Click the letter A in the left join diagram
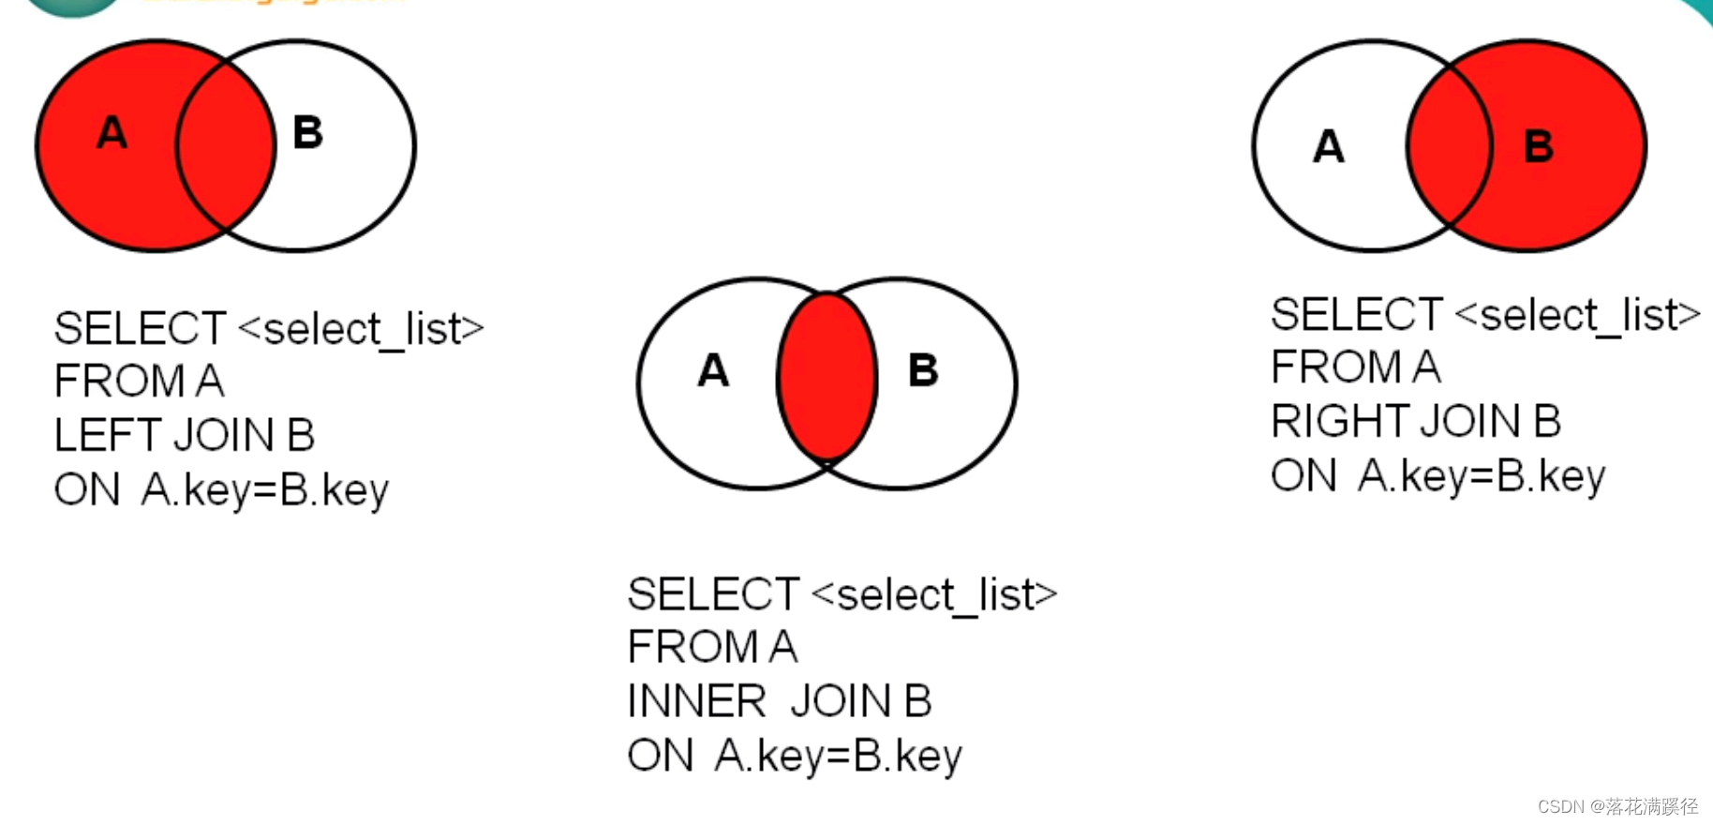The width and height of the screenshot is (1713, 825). (112, 132)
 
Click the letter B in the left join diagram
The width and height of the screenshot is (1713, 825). (307, 132)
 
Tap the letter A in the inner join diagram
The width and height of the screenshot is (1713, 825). (713, 370)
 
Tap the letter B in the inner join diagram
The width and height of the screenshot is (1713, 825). (923, 370)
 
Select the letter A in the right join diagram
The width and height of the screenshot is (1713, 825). (1329, 147)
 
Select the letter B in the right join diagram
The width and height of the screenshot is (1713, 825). (1539, 147)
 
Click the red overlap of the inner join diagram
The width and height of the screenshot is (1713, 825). (827, 378)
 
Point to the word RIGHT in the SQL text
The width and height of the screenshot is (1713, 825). (1336, 421)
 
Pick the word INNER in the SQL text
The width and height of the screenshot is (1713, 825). (696, 701)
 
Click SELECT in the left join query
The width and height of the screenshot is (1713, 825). (140, 329)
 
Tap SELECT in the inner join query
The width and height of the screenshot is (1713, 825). (713, 594)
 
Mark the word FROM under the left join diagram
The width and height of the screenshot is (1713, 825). (119, 382)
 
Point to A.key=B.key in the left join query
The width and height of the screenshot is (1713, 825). (265, 490)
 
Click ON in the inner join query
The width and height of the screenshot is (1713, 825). (661, 756)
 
